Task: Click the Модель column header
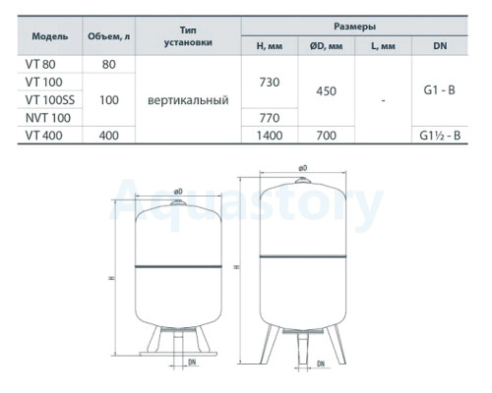[x=50, y=36]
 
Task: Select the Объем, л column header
[x=108, y=36]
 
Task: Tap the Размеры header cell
[x=354, y=27]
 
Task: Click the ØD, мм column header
[x=326, y=46]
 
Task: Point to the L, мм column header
[x=383, y=46]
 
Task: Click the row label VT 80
[x=40, y=64]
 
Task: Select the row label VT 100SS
[x=50, y=100]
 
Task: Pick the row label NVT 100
[x=48, y=118]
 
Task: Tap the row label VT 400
[x=43, y=136]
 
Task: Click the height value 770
[x=270, y=118]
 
